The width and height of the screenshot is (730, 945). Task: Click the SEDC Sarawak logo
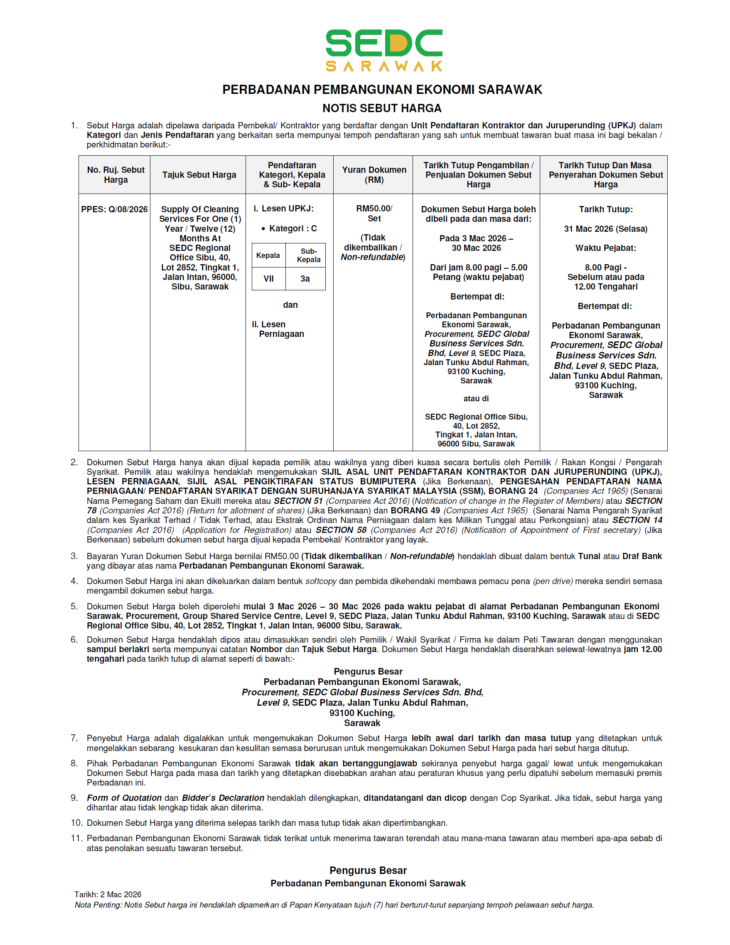pyautogui.click(x=383, y=50)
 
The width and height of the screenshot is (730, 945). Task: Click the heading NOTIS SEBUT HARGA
pyautogui.click(x=382, y=108)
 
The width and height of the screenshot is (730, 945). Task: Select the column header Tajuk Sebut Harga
pyautogui.click(x=199, y=175)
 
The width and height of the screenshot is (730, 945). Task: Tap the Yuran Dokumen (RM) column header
pyautogui.click(x=374, y=175)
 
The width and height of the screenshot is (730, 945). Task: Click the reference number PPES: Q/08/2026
pyautogui.click(x=114, y=209)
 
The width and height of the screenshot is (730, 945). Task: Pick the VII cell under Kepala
pyautogui.click(x=268, y=279)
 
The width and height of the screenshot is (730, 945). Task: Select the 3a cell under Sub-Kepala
pyautogui.click(x=305, y=279)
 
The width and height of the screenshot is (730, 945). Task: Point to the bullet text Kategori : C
pyautogui.click(x=292, y=228)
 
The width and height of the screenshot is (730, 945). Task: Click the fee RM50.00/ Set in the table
pyautogui.click(x=374, y=214)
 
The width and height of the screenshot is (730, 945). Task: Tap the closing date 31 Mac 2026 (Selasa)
pyautogui.click(x=605, y=229)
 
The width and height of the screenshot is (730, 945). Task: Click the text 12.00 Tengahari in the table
pyautogui.click(x=605, y=287)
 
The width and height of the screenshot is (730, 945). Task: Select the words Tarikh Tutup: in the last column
pyautogui.click(x=605, y=209)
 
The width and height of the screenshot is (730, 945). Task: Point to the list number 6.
pyautogui.click(x=74, y=640)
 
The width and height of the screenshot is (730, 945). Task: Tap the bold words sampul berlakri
pyautogui.click(x=118, y=649)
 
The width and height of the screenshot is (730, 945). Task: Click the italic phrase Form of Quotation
pyautogui.click(x=124, y=798)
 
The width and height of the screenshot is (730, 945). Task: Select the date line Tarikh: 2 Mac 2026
pyautogui.click(x=108, y=894)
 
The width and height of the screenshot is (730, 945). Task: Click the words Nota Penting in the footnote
pyautogui.click(x=98, y=905)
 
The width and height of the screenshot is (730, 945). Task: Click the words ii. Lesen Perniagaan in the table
pyautogui.click(x=278, y=329)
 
